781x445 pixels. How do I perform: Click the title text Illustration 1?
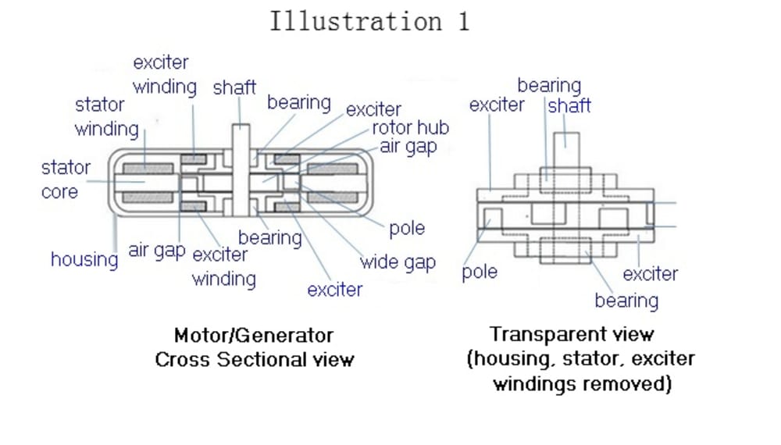(369, 21)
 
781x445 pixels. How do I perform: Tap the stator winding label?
(106, 117)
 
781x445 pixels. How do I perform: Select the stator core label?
(66, 179)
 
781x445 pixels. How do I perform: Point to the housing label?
(84, 258)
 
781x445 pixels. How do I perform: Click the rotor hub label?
(410, 127)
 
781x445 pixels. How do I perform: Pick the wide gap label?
(398, 262)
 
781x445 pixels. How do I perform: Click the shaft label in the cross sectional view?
(234, 87)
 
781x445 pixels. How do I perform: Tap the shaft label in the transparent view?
(569, 105)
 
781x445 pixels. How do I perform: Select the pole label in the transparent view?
(480, 272)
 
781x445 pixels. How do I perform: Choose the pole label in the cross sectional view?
(407, 228)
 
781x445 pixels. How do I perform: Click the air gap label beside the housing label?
(157, 251)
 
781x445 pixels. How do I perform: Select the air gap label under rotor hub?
(408, 146)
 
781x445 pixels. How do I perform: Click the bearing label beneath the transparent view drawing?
(626, 300)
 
